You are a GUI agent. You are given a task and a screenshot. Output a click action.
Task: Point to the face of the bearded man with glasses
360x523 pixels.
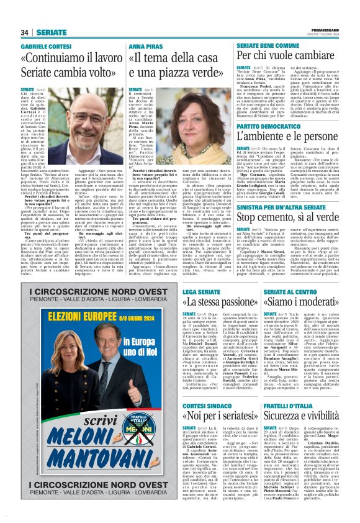[86, 123]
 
